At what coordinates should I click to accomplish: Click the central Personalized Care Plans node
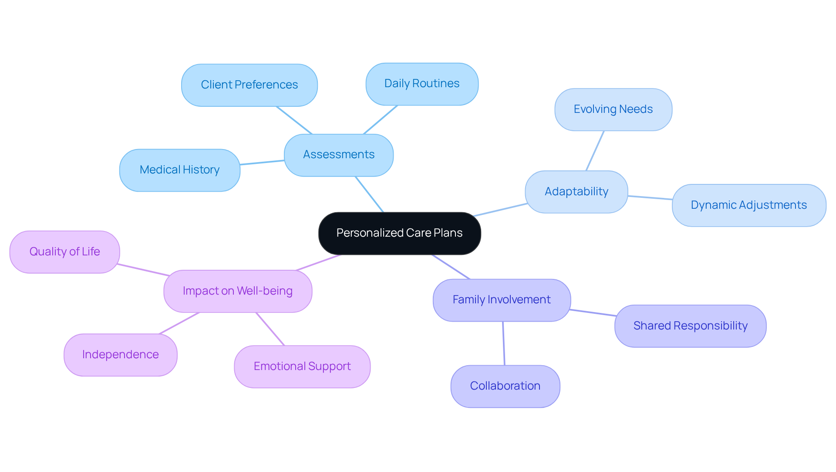[x=399, y=233]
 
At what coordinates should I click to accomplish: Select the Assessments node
[x=338, y=155]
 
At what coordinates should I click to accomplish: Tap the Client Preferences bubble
[x=249, y=85]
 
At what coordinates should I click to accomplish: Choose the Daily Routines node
[x=421, y=84]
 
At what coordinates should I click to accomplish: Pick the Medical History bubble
[x=179, y=170]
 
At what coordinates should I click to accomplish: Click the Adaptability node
[x=576, y=192]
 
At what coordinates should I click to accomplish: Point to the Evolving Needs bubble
[x=613, y=109]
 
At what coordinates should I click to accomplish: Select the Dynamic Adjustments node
[x=748, y=205]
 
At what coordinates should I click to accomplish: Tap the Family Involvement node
[x=501, y=300]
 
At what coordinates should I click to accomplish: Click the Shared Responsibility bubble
[x=690, y=326]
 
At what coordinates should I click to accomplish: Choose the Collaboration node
[x=505, y=386]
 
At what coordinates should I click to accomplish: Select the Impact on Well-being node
[x=237, y=291]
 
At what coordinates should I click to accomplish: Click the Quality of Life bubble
[x=64, y=252]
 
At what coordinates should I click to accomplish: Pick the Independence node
[x=120, y=355]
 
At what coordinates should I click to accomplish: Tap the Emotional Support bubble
[x=302, y=367]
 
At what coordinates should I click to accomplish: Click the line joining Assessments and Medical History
[x=262, y=163]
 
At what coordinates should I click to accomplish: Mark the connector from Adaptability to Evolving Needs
[x=595, y=151]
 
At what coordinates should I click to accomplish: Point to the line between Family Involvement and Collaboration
[x=504, y=343]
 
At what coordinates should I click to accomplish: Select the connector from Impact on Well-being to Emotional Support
[x=270, y=329]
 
